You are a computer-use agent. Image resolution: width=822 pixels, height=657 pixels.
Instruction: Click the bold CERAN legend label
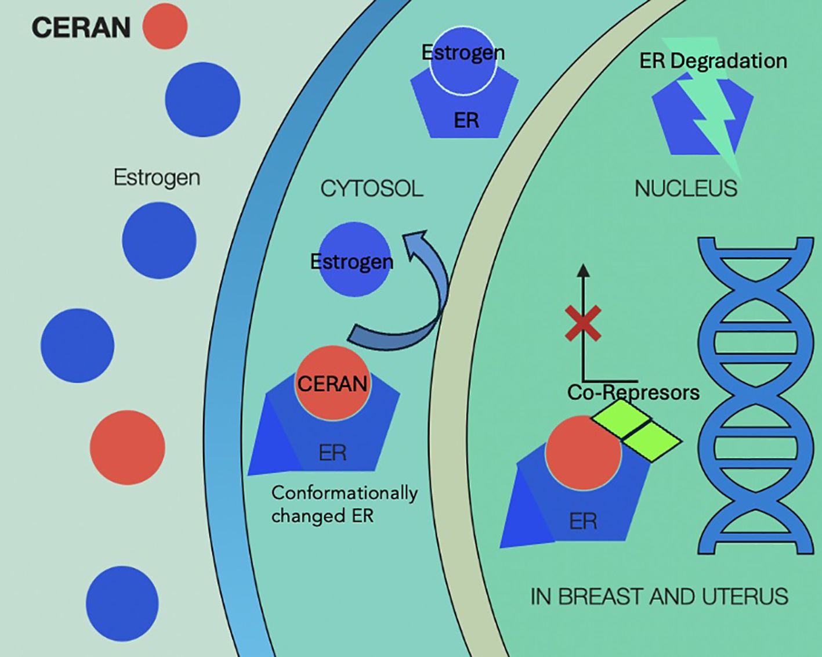click(81, 28)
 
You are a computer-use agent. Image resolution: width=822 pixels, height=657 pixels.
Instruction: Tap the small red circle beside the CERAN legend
click(165, 26)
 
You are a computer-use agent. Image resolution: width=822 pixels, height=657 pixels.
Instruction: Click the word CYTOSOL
click(371, 189)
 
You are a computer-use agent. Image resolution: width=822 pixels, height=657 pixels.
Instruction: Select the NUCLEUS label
click(685, 189)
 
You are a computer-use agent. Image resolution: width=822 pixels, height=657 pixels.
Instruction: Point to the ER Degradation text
click(713, 61)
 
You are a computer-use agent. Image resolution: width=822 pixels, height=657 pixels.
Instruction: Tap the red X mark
click(582, 323)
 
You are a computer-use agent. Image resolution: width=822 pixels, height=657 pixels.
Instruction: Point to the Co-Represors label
click(633, 393)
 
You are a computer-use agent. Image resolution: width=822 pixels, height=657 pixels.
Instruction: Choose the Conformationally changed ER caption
click(343, 504)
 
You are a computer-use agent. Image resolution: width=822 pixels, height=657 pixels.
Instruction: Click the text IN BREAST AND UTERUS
click(659, 597)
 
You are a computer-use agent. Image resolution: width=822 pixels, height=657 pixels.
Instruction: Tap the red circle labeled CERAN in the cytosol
click(332, 383)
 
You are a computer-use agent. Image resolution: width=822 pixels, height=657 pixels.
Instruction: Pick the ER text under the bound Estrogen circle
click(466, 121)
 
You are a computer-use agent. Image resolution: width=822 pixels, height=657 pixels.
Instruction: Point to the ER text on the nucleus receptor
click(582, 521)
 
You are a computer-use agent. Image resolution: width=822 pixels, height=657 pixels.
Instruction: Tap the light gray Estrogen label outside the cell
click(157, 177)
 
